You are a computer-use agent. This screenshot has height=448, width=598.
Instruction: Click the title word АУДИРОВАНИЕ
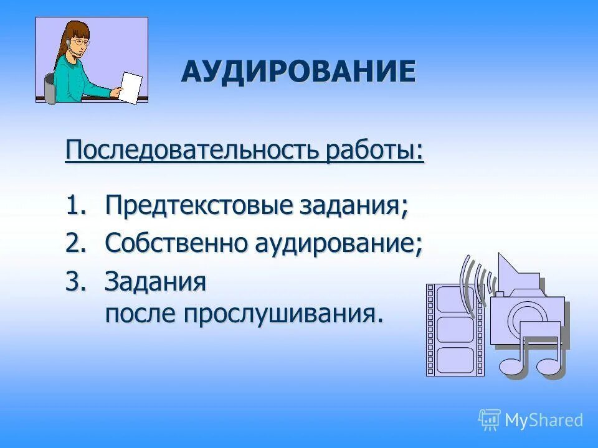[x=298, y=71]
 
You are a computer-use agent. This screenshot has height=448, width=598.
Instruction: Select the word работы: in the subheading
[x=374, y=151]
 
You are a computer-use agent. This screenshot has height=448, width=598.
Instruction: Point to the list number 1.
[x=74, y=205]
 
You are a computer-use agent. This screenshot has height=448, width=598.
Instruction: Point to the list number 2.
[x=74, y=243]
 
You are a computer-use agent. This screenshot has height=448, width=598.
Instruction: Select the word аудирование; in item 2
[x=338, y=243]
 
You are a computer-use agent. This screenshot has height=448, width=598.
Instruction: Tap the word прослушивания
[x=280, y=314]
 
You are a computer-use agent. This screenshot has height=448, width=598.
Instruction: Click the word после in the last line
[x=141, y=314]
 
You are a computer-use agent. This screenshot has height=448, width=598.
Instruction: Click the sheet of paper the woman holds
[x=131, y=88]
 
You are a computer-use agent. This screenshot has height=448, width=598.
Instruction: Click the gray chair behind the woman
[x=50, y=88]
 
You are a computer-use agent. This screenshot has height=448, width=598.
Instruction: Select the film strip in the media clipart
[x=454, y=330]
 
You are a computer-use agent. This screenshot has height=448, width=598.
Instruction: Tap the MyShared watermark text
[x=543, y=420]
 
